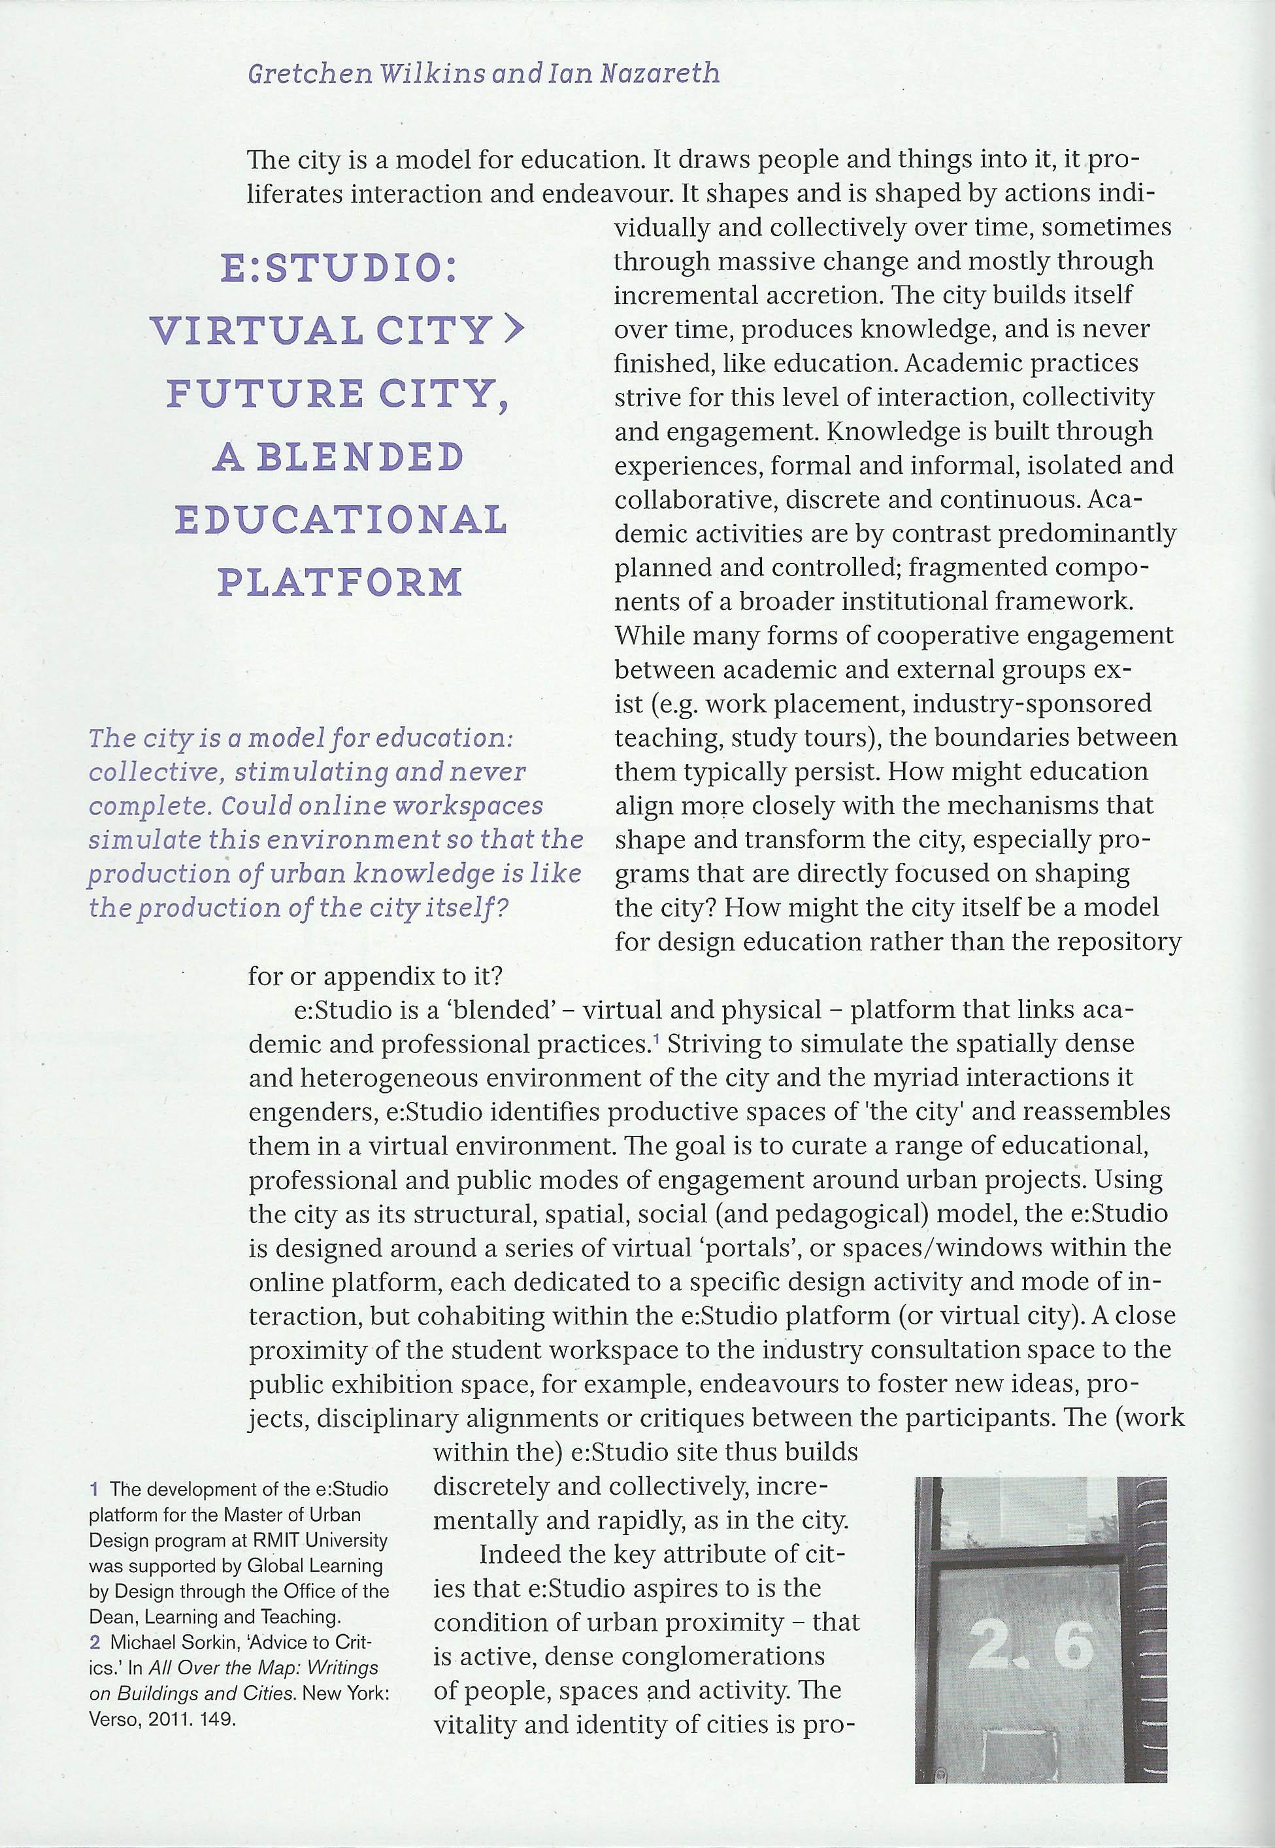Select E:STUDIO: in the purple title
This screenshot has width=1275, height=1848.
[340, 269]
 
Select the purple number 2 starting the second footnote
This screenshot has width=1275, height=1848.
[93, 1642]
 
